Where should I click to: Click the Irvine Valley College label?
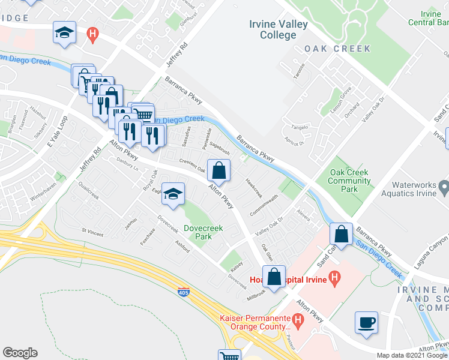click(279, 29)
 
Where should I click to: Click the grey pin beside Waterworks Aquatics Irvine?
click(444, 188)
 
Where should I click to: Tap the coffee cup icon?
click(366, 323)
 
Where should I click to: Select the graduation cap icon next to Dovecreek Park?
click(173, 194)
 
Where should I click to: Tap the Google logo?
click(20, 353)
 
